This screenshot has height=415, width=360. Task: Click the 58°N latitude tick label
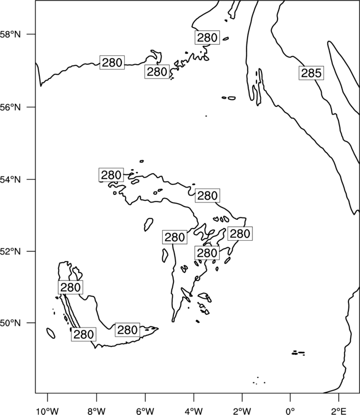pos(11,34)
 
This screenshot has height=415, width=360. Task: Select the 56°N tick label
pos(11,107)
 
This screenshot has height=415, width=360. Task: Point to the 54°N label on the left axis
pos(11,179)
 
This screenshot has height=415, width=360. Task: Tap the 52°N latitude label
pos(11,251)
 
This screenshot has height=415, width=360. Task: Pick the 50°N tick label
pos(11,323)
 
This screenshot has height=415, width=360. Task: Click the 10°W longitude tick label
pos(48,411)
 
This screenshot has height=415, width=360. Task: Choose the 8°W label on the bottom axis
pos(96,411)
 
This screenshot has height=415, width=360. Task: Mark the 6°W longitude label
pos(145,411)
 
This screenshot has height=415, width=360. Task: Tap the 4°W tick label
pos(194,411)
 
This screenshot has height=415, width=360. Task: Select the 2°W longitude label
pos(242,411)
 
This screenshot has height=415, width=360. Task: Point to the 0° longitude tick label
pos(290,411)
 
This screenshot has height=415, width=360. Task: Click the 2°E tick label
pos(338,411)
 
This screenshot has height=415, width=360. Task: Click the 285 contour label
pos(311,73)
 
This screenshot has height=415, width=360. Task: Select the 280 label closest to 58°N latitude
pos(207,38)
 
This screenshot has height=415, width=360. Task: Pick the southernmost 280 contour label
pos(84,335)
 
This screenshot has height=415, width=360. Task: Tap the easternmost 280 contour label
pos(240,234)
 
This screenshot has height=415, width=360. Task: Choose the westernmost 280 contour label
pos(70,287)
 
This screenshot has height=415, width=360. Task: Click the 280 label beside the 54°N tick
pos(111,175)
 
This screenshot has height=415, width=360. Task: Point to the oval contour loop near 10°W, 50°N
pos(50,333)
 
